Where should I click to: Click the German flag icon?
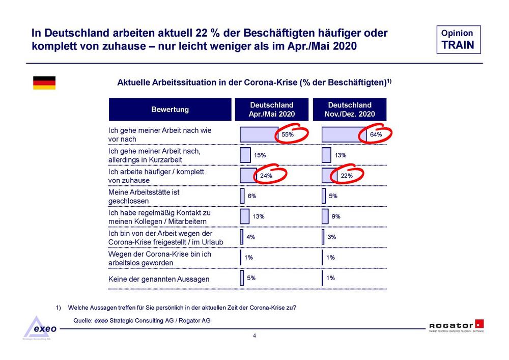click(x=44, y=83)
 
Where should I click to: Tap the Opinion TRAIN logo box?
click(x=458, y=39)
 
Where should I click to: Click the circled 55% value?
click(x=288, y=135)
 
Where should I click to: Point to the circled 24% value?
click(x=267, y=176)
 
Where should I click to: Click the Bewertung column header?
click(x=170, y=109)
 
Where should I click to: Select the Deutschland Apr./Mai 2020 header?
click(x=271, y=109)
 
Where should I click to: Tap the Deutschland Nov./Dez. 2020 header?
click(x=350, y=109)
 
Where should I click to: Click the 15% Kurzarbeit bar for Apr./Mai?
click(x=245, y=155)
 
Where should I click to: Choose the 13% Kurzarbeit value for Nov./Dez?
click(x=341, y=155)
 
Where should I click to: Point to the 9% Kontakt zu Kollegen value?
click(x=336, y=216)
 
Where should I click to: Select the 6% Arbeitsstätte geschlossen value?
click(x=252, y=196)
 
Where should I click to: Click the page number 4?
click(x=254, y=336)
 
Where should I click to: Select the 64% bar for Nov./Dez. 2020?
click(x=344, y=134)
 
